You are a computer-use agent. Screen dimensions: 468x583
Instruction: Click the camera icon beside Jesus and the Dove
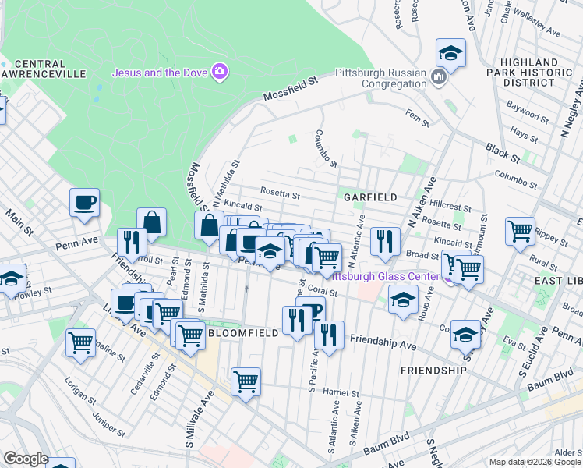[x=220, y=73]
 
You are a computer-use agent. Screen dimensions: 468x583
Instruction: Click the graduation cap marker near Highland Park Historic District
[x=450, y=53]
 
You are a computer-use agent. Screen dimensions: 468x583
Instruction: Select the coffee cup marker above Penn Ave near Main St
[x=85, y=203]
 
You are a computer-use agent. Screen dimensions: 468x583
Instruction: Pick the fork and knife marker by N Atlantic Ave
[x=384, y=241]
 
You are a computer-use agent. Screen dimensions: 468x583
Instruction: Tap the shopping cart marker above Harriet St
[x=246, y=381]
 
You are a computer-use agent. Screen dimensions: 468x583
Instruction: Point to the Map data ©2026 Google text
[x=535, y=462]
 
